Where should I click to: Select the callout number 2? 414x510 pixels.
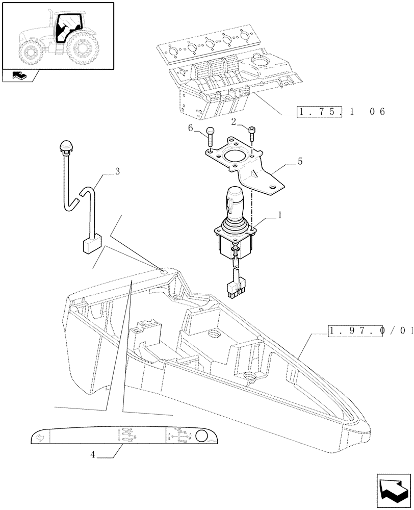pos(234,121)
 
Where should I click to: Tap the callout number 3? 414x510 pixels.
pos(117,172)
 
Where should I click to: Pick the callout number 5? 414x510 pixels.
pos(299,161)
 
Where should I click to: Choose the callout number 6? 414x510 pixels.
pos(190,128)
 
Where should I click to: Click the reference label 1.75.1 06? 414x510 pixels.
pos(341,111)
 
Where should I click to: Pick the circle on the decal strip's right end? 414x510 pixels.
pos(201,436)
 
